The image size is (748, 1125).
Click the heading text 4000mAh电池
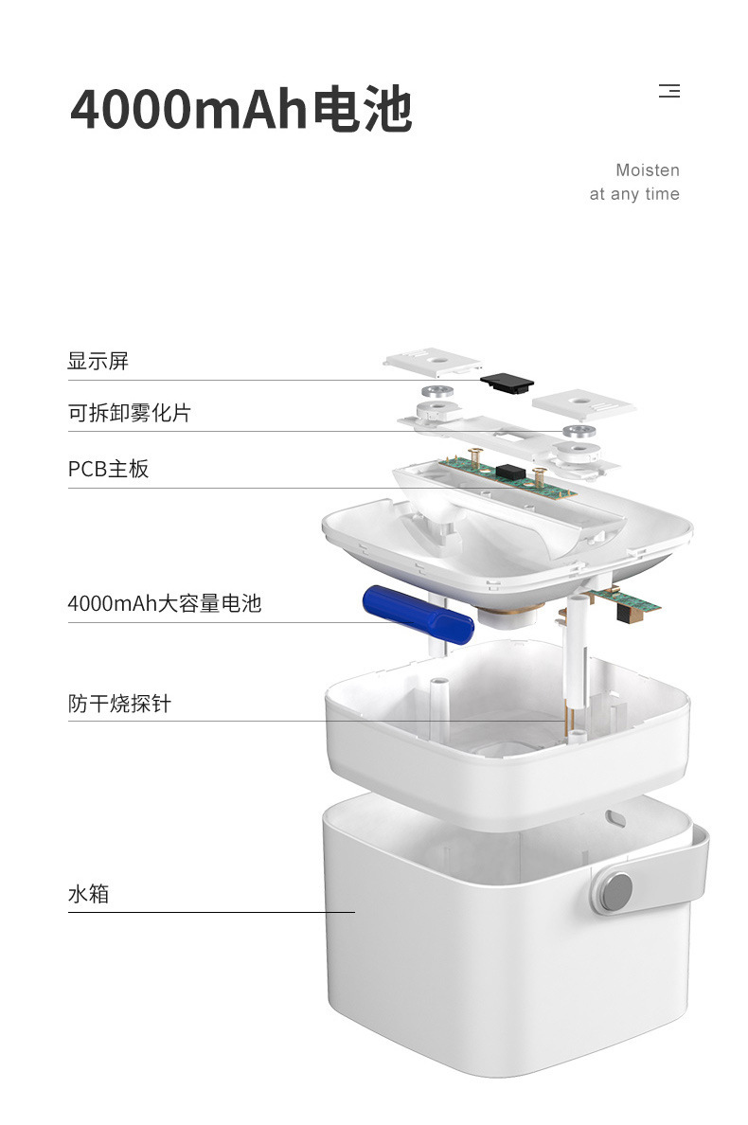pyautogui.click(x=240, y=108)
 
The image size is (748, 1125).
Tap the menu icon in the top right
pyautogui.click(x=669, y=91)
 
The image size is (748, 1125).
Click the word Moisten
pyautogui.click(x=647, y=170)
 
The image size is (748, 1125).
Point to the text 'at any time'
pyautogui.click(x=634, y=194)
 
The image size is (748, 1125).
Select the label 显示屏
pyautogui.click(x=98, y=361)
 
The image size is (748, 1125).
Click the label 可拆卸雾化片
pyautogui.click(x=129, y=413)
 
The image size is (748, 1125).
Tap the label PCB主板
pyautogui.click(x=108, y=469)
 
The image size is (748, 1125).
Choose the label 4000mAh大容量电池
pyautogui.click(x=164, y=603)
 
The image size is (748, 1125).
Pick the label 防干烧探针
pyautogui.click(x=119, y=703)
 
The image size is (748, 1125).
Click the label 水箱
pyautogui.click(x=88, y=894)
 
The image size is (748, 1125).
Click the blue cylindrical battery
pyautogui.click(x=419, y=615)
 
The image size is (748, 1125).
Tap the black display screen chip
pyautogui.click(x=508, y=382)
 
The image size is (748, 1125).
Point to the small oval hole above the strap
pyautogui.click(x=615, y=817)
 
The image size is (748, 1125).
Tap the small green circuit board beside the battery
pyautogui.click(x=622, y=601)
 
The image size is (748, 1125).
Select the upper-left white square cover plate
pyautogui.click(x=433, y=362)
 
